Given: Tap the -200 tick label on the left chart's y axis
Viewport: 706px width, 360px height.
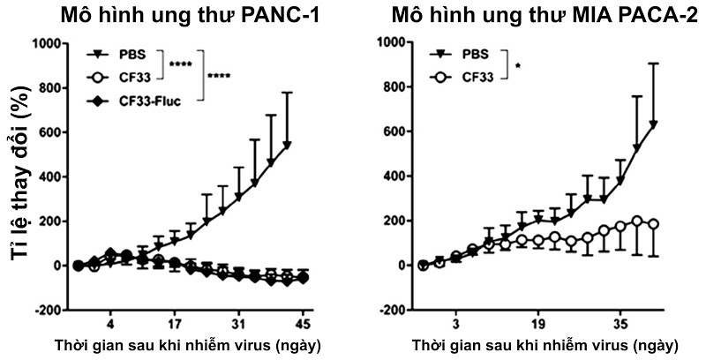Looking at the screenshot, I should tap(49, 311).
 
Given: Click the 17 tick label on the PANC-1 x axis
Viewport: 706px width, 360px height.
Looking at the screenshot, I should tap(176, 323).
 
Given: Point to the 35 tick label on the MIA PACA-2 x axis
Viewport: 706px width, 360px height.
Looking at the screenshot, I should tap(621, 323).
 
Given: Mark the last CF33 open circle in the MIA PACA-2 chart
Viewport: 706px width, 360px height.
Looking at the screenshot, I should tap(654, 224).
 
